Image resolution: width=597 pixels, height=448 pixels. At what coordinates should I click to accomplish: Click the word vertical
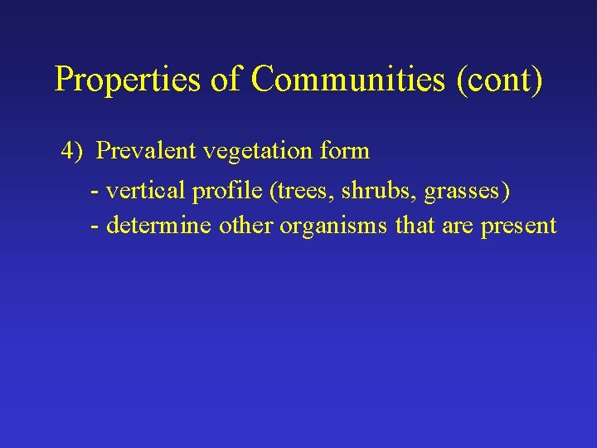(x=146, y=192)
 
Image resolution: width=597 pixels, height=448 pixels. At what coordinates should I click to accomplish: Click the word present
(x=518, y=226)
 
